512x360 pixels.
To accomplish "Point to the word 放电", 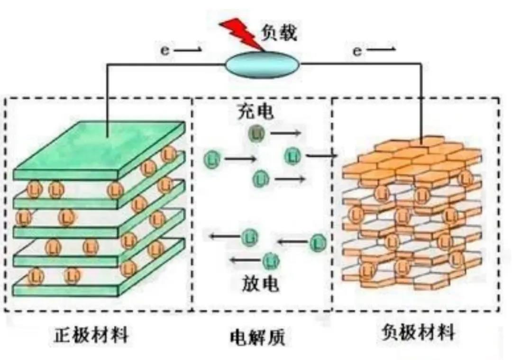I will (x=257, y=284).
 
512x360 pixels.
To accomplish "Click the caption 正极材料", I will (x=91, y=335).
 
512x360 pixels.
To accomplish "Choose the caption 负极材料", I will (x=418, y=333).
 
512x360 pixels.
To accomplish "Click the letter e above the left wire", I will (x=165, y=51).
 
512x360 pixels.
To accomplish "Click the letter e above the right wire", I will (x=357, y=51).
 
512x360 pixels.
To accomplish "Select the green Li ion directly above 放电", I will (x=271, y=260).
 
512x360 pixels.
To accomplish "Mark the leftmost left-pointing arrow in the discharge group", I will (x=224, y=235).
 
